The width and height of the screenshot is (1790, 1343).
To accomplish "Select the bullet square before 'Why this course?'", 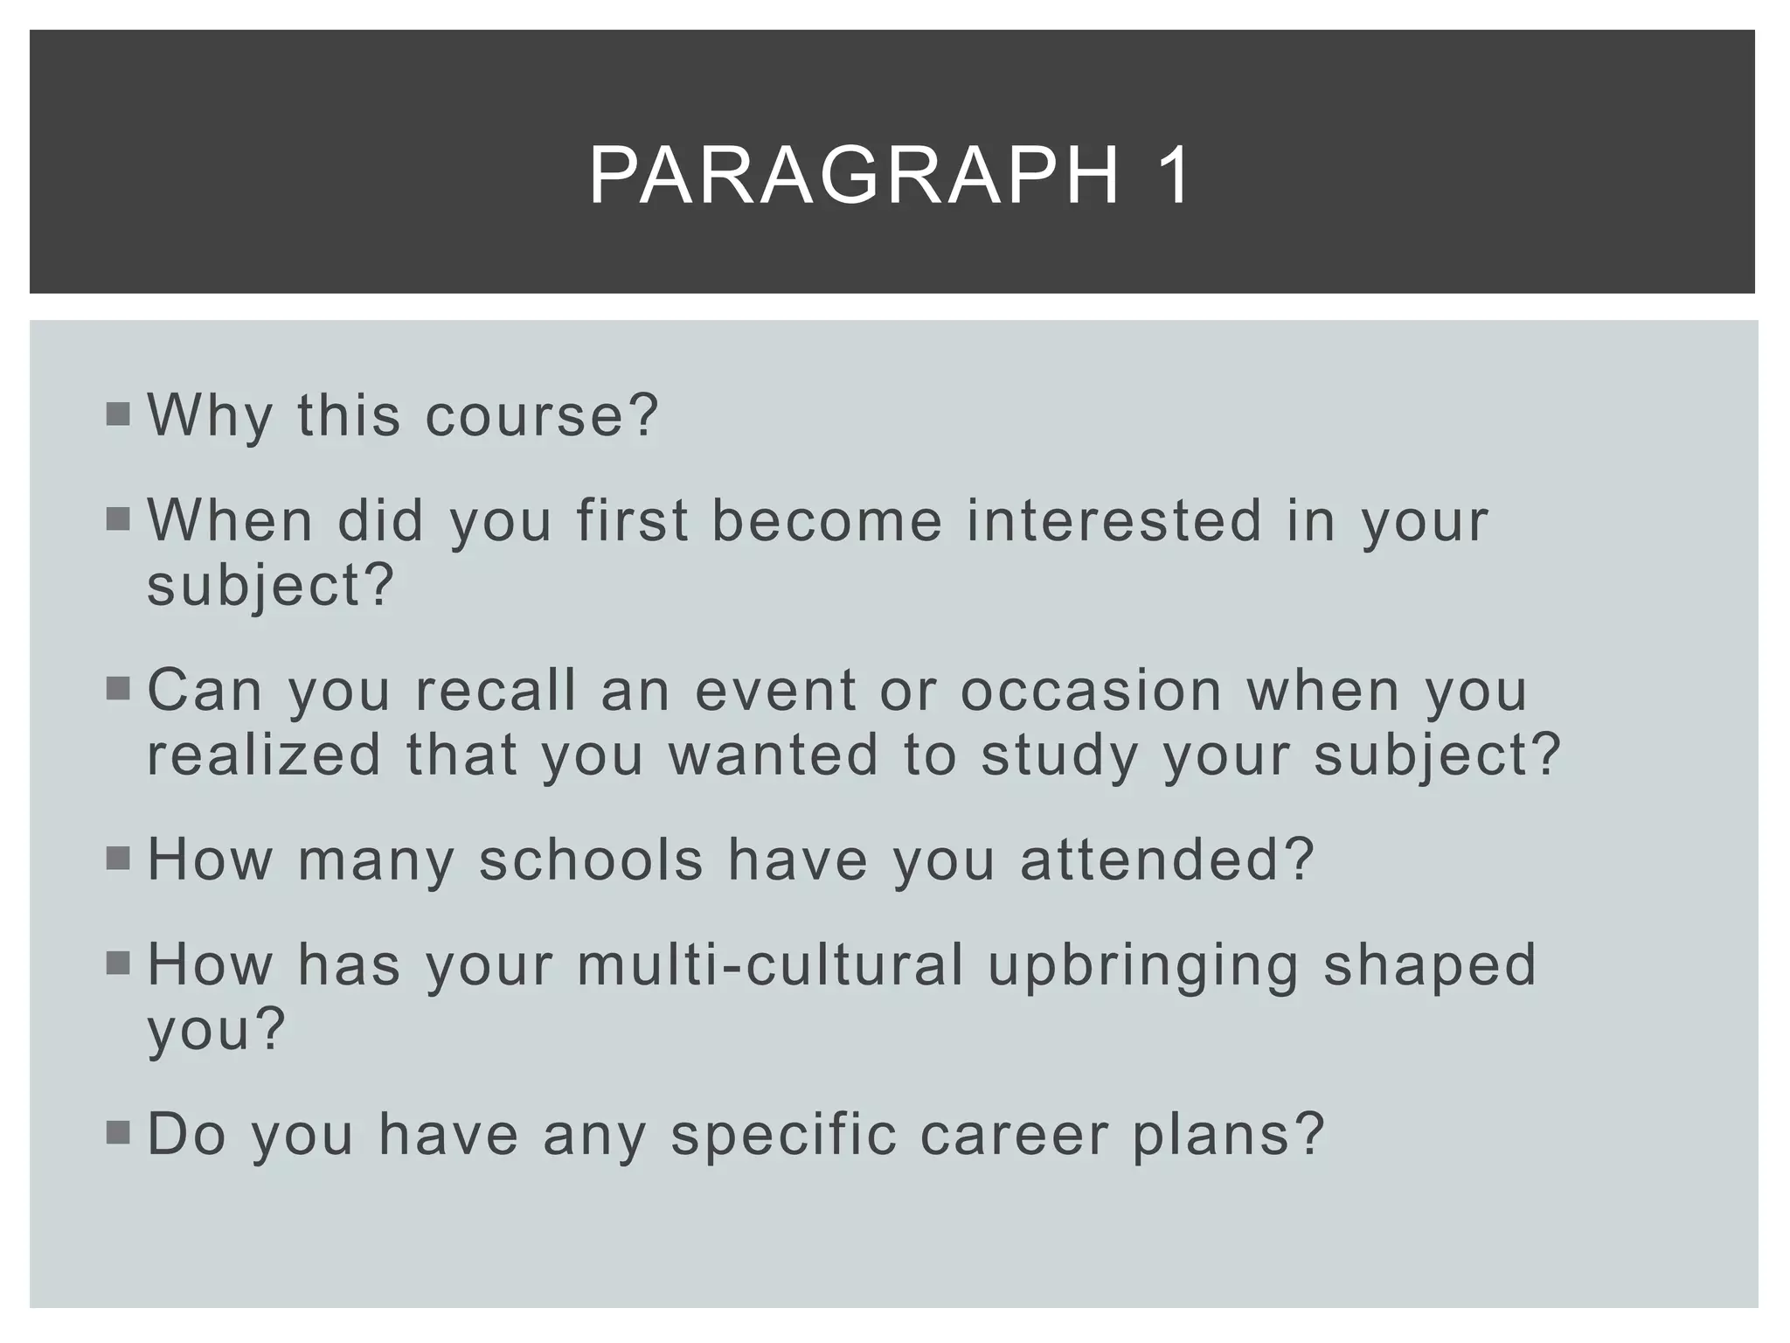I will (x=118, y=414).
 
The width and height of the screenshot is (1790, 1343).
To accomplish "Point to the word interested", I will (x=1114, y=521).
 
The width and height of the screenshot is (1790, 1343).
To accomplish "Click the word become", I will (x=827, y=521).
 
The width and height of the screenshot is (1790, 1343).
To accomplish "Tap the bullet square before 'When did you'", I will (x=118, y=520).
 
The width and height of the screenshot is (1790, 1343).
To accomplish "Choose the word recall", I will (x=496, y=691).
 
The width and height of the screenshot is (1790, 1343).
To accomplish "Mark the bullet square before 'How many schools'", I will (x=118, y=859).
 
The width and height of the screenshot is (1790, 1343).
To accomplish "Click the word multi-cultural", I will (x=770, y=965).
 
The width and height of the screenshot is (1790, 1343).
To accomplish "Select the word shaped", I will (x=1429, y=967).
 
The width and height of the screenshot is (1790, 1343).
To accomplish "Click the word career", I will (x=1014, y=1135).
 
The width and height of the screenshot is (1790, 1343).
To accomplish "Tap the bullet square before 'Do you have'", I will (x=118, y=1133).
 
